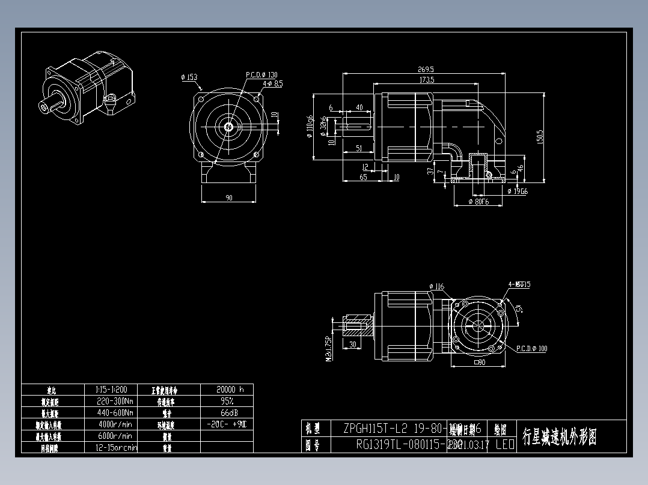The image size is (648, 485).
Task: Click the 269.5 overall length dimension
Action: (424, 69)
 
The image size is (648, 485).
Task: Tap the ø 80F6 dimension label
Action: (479, 202)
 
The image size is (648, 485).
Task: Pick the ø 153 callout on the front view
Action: (189, 77)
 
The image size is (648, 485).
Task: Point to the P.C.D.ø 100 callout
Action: (531, 349)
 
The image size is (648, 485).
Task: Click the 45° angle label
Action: (519, 309)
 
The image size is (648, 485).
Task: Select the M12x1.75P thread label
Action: (328, 349)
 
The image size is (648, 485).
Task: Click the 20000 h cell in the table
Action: (226, 389)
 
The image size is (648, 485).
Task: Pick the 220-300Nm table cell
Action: (115, 401)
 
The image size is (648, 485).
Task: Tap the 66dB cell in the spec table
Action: (226, 413)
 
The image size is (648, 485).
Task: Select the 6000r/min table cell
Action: (115, 436)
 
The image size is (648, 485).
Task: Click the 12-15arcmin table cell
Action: (116, 448)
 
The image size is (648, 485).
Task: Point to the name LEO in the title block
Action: (504, 445)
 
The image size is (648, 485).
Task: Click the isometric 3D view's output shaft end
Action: (45, 107)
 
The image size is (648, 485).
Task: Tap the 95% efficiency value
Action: (226, 401)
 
